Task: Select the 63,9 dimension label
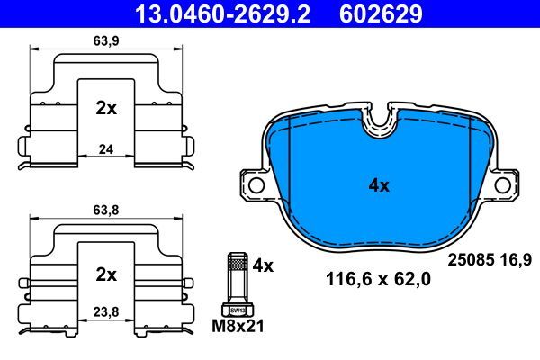[x=107, y=40]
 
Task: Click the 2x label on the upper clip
[x=106, y=108]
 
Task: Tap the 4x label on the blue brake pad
[x=379, y=186]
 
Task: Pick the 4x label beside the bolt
[x=264, y=265]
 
